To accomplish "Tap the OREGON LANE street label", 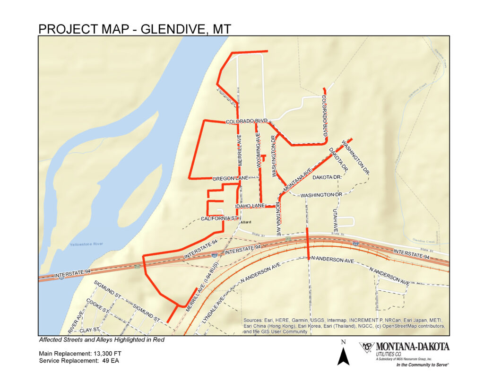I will click(230, 178).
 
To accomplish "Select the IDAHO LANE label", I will click(250, 206).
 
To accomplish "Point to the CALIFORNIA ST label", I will click(218, 218).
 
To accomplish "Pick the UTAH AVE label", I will click(335, 220).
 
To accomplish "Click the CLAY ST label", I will click(89, 329).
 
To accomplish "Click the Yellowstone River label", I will click(86, 244).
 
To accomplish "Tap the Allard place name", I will click(245, 222).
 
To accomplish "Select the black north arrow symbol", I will click(344, 356).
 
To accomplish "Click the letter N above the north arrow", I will click(344, 342).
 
